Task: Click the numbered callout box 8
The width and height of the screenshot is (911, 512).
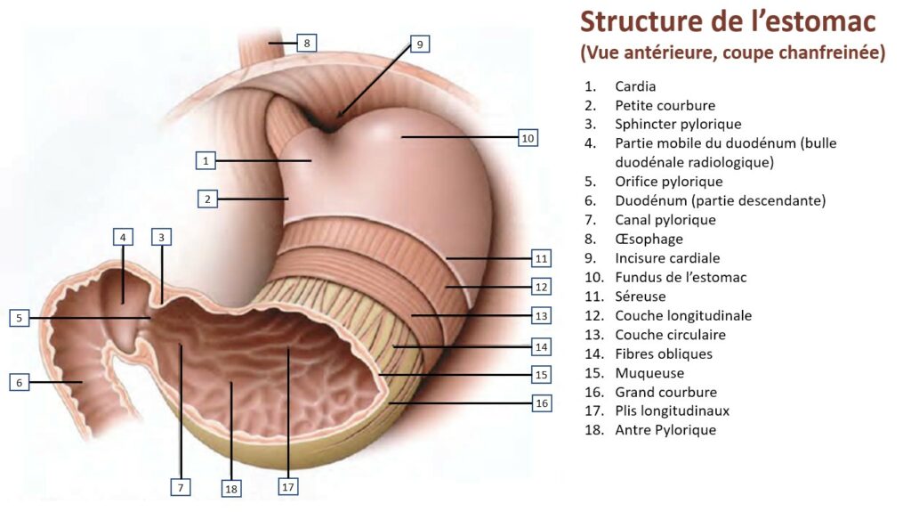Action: point(306,42)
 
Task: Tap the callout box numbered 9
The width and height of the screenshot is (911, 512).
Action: point(420,44)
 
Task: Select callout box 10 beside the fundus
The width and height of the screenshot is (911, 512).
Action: point(528,138)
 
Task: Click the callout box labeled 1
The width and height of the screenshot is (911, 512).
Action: point(206,161)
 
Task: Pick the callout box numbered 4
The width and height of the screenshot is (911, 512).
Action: point(123,237)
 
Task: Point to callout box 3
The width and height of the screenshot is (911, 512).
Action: point(161,237)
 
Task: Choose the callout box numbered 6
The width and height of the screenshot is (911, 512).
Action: point(20,382)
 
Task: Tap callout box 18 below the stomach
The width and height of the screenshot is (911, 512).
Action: point(231,488)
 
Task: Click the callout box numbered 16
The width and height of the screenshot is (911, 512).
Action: point(541,403)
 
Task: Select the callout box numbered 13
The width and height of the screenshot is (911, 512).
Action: point(541,315)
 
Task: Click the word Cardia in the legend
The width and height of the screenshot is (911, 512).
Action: point(635,86)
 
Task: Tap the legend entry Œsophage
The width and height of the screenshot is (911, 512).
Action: point(649,239)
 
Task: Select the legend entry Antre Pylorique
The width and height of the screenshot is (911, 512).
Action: point(665,430)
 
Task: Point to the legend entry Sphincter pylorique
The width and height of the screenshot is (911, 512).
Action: point(678,125)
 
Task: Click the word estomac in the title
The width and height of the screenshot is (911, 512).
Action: point(826,21)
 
